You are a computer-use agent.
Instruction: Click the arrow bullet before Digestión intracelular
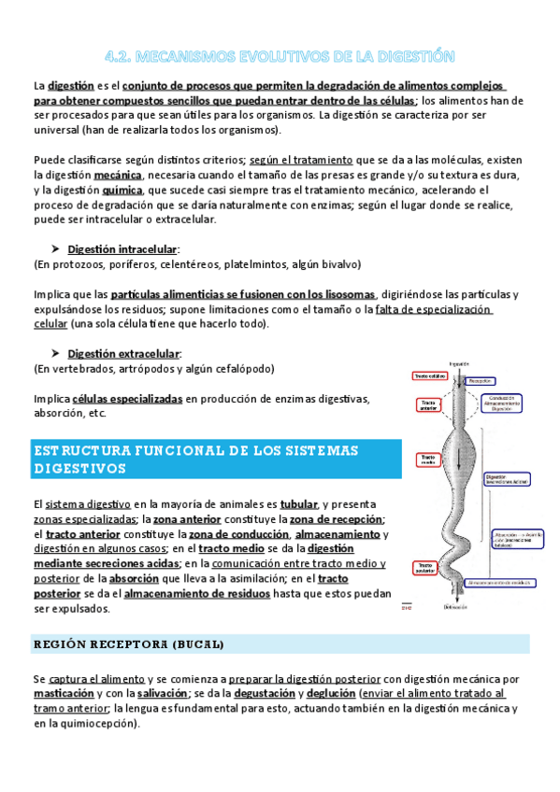tap(55, 247)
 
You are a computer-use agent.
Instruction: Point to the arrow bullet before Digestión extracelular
tap(55, 353)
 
